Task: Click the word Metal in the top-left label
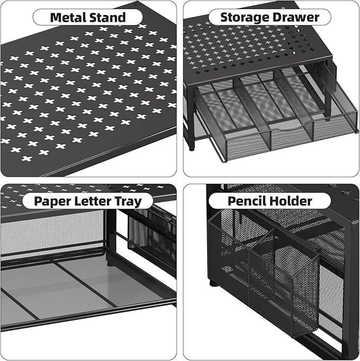[68, 18]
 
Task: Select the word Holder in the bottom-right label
[293, 201]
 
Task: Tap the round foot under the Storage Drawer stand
[191, 148]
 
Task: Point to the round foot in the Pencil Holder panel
[213, 282]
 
